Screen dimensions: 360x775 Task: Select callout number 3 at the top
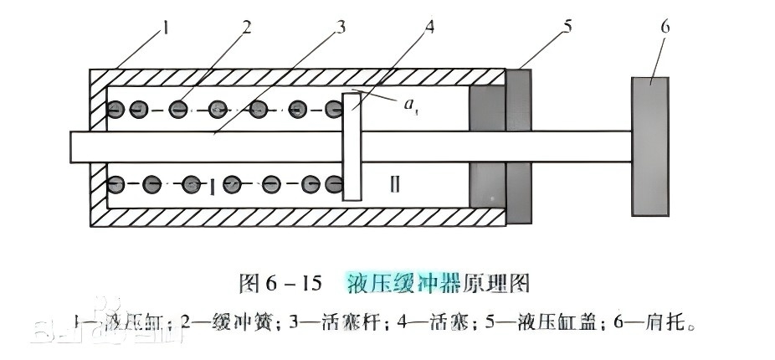[x=340, y=27]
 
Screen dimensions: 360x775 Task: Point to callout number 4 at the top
[x=430, y=27]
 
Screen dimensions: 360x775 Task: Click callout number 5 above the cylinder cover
[x=568, y=27]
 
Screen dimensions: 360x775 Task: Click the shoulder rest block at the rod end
[x=650, y=147]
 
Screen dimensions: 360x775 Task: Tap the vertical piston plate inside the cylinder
[x=352, y=147]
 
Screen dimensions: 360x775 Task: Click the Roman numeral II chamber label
[x=395, y=184]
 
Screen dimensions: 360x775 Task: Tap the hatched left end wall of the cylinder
[x=97, y=147]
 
